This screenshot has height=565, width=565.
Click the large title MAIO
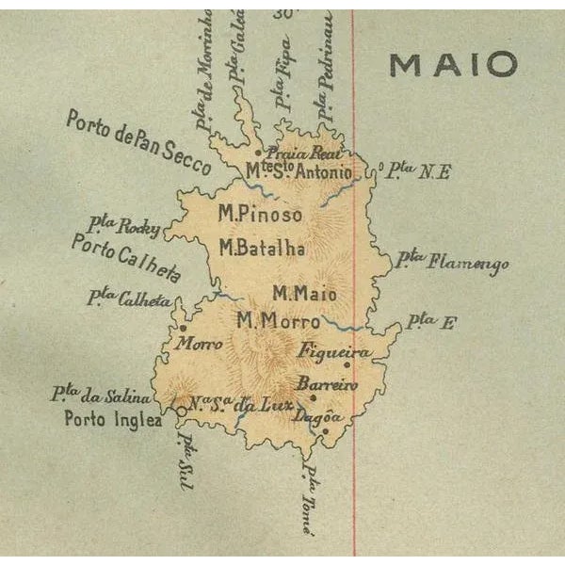tap(454, 64)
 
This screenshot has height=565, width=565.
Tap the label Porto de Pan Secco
tap(151, 142)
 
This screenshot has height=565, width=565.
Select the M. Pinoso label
tap(260, 215)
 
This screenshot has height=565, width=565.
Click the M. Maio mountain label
tap(304, 294)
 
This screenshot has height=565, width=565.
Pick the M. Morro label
tap(278, 320)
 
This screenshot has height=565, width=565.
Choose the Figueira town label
tap(334, 351)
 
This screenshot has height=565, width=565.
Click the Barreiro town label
tap(327, 384)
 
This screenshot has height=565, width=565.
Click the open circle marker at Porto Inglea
tap(181, 410)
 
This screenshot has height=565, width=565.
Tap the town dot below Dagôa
tap(325, 431)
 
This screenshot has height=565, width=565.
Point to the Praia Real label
tap(301, 153)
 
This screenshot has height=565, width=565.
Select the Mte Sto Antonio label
tap(299, 172)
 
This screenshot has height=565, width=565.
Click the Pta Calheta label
tap(129, 299)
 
